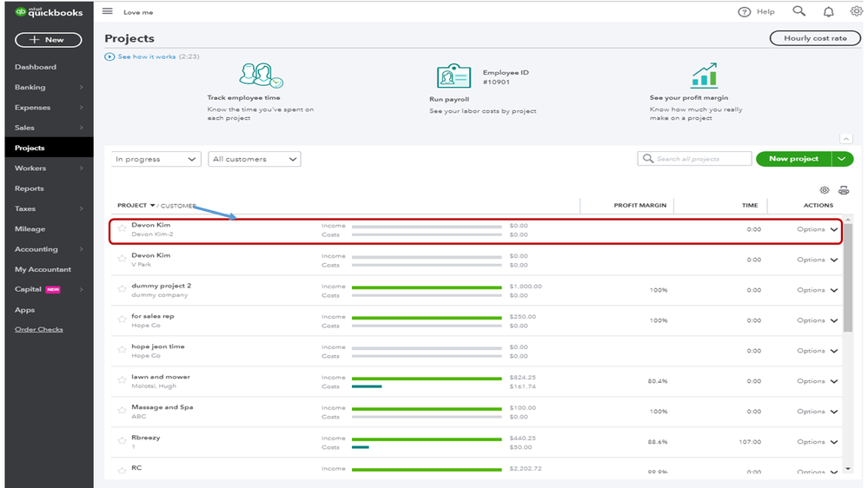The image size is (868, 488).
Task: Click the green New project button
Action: pos(793,159)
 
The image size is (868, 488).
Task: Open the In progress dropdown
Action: pos(156,159)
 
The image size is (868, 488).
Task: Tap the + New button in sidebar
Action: pos(49,40)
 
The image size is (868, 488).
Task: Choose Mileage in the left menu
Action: pos(30,229)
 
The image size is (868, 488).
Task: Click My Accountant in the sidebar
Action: pos(43,269)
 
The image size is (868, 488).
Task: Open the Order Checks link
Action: pos(39,330)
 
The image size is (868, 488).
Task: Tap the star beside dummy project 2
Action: pos(123,289)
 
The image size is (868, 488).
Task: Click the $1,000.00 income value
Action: pos(526,286)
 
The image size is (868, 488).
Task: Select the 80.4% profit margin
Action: pos(657,381)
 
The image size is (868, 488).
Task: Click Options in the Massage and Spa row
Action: pos(811,412)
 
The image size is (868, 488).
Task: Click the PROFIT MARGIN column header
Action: pos(639,206)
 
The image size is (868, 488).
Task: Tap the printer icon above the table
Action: pos(843,190)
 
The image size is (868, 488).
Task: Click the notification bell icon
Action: pos(828,12)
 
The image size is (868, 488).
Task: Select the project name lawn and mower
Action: pos(161,377)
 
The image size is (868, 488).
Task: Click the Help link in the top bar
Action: pos(757,12)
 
